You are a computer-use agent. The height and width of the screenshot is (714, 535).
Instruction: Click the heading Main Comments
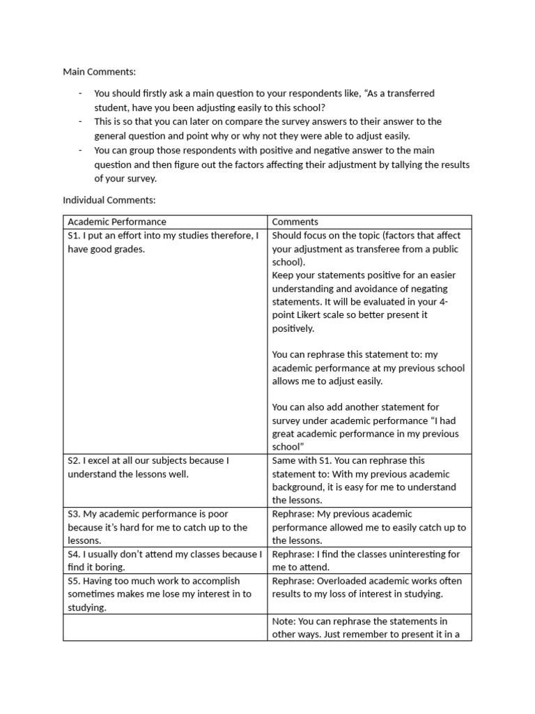100,71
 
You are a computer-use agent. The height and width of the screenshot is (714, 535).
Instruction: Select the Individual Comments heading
109,200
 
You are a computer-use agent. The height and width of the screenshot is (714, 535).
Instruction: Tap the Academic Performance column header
117,222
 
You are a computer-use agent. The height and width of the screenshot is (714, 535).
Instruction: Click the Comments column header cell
295,222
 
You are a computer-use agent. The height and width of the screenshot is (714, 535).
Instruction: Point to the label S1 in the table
74,236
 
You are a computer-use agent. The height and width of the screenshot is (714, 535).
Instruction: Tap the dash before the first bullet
81,93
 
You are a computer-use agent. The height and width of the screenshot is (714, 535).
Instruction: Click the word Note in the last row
284,621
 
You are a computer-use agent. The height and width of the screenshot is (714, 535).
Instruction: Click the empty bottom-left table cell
166,628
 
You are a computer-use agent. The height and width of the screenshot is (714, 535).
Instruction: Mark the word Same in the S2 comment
284,460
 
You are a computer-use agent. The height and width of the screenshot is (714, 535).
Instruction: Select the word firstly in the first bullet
139,93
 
